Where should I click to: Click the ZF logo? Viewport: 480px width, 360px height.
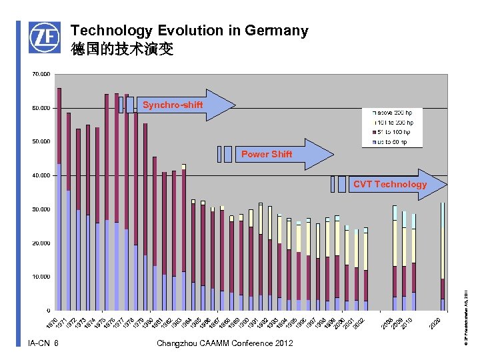tap(44, 37)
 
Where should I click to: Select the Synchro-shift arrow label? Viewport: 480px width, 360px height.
tap(173, 105)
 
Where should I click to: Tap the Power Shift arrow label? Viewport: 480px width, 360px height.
tap(266, 154)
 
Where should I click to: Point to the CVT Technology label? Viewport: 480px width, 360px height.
tap(390, 184)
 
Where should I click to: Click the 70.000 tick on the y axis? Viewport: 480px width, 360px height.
tap(41, 73)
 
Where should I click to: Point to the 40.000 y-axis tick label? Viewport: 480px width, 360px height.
tap(41, 175)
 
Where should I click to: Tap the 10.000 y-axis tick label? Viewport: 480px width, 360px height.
tap(41, 277)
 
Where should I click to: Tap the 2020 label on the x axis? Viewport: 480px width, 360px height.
tap(435, 323)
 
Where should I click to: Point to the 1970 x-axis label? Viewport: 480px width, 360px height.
tap(53, 323)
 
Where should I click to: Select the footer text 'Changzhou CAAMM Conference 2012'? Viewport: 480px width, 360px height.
tap(224, 343)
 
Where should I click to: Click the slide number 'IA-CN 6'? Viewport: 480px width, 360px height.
tap(43, 343)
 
